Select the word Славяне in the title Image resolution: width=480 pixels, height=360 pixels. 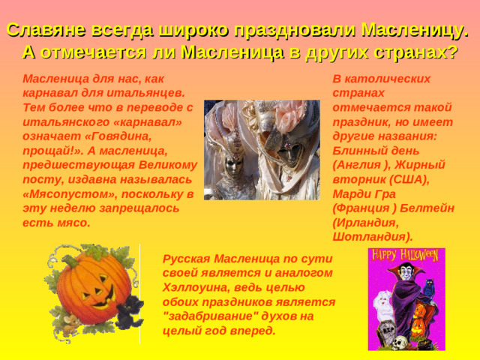(44, 31)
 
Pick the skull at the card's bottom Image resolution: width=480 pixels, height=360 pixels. (400, 341)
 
